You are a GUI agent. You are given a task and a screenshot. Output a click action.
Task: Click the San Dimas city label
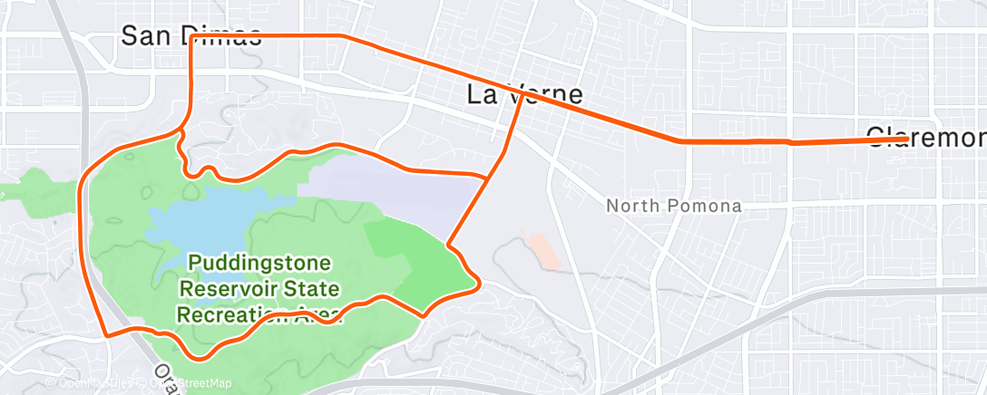click(x=191, y=35)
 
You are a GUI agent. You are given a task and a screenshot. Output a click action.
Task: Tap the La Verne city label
click(x=523, y=94)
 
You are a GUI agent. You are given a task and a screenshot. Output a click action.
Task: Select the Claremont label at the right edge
click(x=925, y=137)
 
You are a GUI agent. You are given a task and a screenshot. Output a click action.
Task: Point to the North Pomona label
click(x=673, y=206)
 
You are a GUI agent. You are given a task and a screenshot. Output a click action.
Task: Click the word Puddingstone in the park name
click(x=260, y=265)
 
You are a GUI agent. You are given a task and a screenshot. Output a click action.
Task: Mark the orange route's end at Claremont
click(x=907, y=138)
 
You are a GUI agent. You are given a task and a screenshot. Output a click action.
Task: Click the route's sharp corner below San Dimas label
click(x=191, y=38)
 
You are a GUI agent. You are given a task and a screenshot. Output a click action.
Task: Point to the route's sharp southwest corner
click(x=107, y=335)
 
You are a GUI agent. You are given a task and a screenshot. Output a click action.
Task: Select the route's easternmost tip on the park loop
click(x=477, y=284)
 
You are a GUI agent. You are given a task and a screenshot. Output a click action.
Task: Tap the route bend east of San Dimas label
click(x=342, y=36)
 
